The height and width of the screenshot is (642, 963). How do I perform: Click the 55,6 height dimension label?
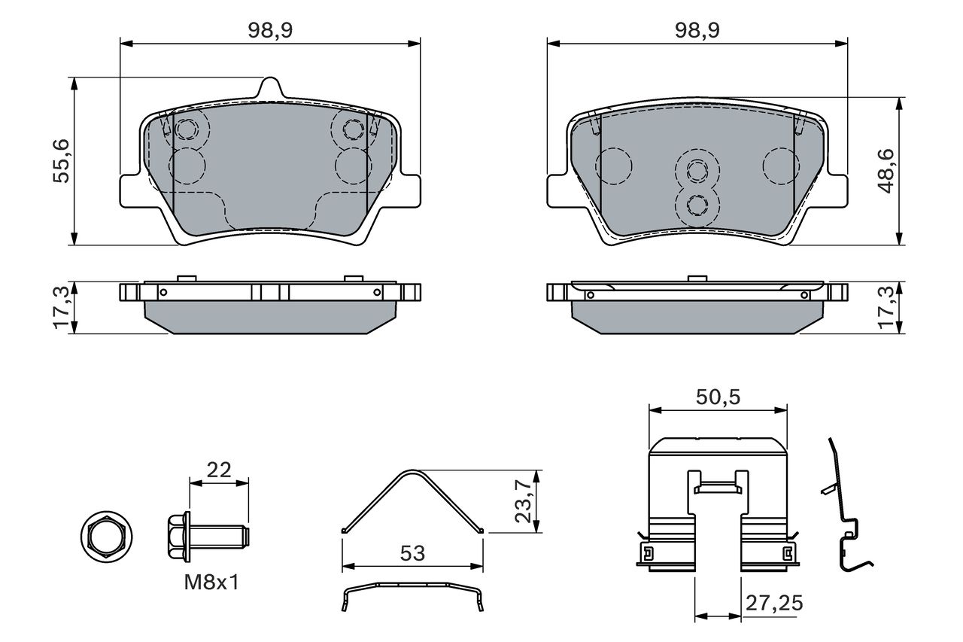point(61,161)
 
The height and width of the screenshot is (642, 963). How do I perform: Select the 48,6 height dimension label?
point(886,171)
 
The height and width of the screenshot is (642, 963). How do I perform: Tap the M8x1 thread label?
point(211,583)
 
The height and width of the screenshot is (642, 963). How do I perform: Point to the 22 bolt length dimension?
point(219,470)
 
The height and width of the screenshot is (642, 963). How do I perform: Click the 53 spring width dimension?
point(412,553)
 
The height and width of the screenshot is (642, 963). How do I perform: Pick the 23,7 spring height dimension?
point(524,501)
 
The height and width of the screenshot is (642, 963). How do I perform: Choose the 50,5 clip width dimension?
point(718,397)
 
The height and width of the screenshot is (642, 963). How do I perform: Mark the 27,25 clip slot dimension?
point(774,603)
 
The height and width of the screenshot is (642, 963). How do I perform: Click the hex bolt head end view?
point(107,537)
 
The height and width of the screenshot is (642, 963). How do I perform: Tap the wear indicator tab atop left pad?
point(270,88)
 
